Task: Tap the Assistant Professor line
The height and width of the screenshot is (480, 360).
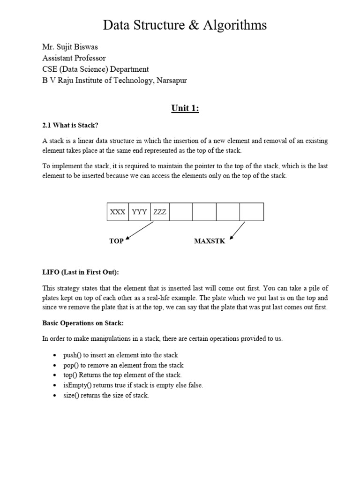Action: tap(74, 58)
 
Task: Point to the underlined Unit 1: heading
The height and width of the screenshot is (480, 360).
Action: tap(185, 109)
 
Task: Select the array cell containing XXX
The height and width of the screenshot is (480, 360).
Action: tap(118, 212)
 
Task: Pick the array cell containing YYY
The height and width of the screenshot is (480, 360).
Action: tap(140, 212)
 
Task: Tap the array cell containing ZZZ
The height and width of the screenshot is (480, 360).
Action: tap(160, 212)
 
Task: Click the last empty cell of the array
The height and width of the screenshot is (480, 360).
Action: tap(252, 212)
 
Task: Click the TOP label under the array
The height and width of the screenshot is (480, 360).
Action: tap(116, 241)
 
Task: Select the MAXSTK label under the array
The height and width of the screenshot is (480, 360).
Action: tap(210, 241)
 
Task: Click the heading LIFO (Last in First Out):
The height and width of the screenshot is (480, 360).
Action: tap(77, 272)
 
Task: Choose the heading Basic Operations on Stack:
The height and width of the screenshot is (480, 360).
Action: tap(82, 323)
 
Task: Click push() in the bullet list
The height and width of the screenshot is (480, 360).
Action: tap(72, 355)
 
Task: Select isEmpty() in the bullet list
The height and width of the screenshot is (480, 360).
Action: tap(76, 385)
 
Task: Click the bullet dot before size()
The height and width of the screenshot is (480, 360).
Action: tap(55, 396)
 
